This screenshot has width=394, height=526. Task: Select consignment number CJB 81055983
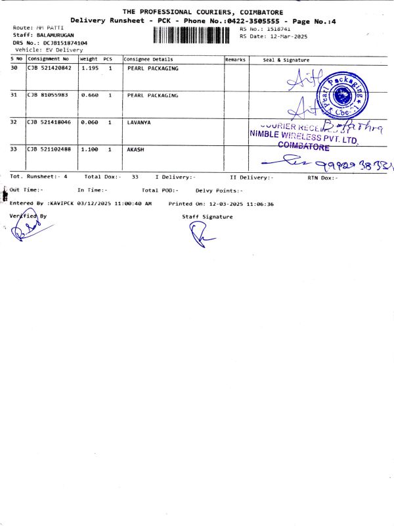[47, 95]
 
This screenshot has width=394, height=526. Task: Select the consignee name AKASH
[135, 149]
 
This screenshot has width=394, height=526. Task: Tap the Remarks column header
[236, 59]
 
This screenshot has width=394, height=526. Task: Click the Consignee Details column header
[148, 59]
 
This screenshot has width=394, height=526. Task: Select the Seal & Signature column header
[286, 59]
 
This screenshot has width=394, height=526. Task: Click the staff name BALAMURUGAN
[55, 34]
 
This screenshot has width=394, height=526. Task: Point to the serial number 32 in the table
[14, 122]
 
